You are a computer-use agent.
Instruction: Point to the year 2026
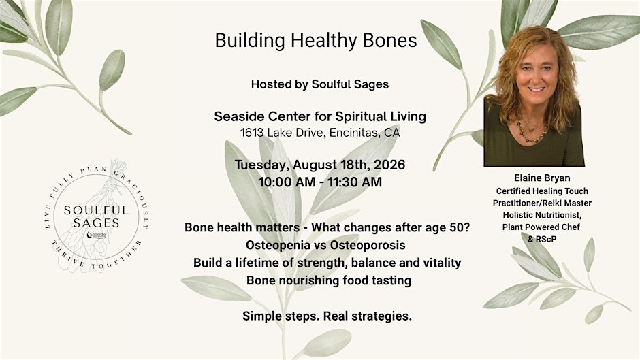click(389, 165)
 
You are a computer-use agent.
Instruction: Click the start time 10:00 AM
click(287, 182)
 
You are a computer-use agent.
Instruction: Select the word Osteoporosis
click(368, 245)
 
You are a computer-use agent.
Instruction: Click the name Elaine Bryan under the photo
click(542, 178)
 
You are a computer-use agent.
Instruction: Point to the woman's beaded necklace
click(532, 131)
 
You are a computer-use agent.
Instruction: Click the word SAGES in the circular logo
click(96, 223)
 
